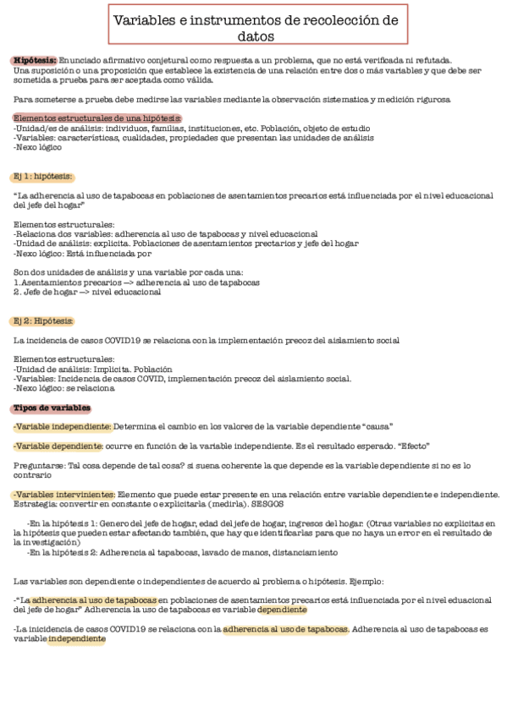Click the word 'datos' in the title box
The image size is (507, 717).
253,37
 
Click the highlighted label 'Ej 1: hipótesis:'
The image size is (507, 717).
43,176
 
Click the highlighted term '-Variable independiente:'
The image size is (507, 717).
63,426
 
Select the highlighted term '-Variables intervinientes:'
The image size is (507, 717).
64,494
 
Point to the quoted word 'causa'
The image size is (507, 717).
377,426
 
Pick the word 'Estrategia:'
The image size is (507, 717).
36,503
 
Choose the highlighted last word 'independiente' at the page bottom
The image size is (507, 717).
77,639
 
